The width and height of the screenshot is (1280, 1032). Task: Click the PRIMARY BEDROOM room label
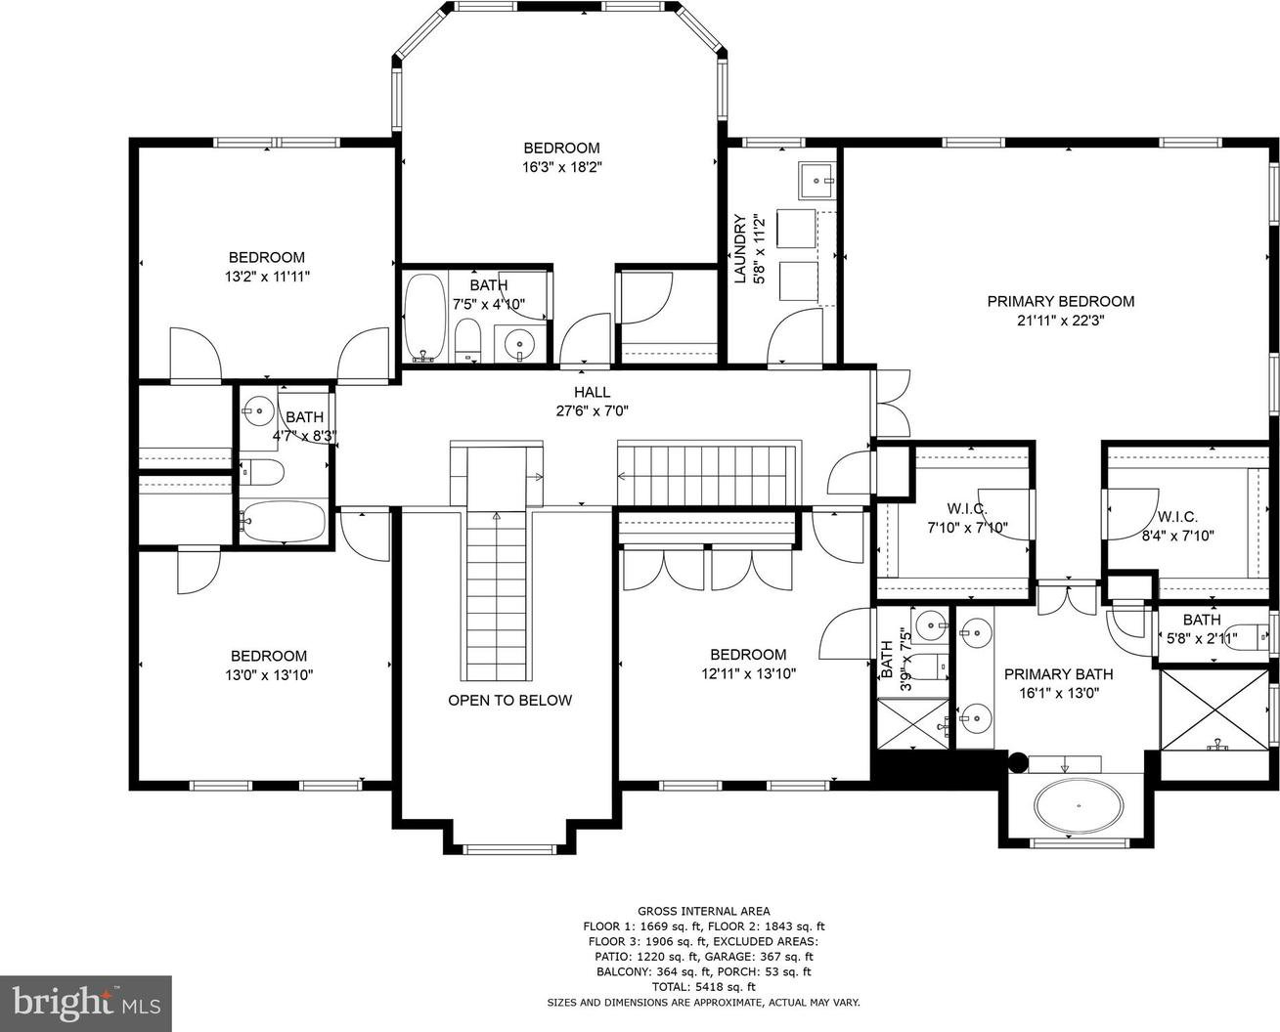[1061, 301]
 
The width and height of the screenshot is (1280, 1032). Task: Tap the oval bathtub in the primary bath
[1079, 806]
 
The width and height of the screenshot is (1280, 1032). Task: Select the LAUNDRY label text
[740, 249]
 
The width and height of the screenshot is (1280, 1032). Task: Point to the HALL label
[592, 392]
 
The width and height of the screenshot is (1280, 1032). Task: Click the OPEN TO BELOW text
[509, 701]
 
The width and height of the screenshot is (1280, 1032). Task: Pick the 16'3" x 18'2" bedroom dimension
[562, 167]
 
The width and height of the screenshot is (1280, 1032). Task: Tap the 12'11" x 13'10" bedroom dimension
[748, 673]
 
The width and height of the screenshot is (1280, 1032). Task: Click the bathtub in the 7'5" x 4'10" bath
[424, 317]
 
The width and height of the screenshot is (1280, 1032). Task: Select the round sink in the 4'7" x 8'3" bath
[258, 410]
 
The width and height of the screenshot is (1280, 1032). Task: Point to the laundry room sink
[817, 180]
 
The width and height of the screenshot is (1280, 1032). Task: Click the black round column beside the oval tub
[1018, 761]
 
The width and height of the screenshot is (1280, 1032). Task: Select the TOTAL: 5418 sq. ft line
[704, 987]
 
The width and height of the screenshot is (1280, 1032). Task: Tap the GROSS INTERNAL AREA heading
[704, 911]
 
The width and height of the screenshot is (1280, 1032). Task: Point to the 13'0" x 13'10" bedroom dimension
[269, 674]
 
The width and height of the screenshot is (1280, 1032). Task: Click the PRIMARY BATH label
[1059, 674]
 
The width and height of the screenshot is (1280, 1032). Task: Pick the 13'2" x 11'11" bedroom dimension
[267, 277]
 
